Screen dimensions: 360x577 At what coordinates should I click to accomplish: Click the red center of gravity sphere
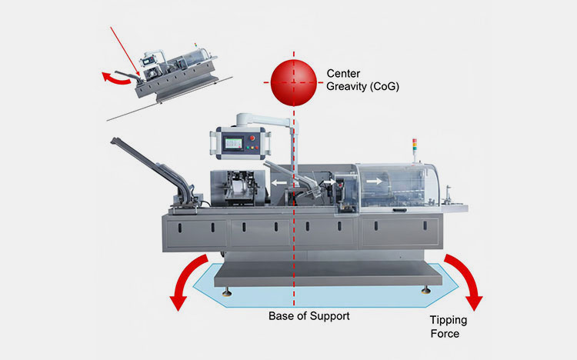tap(293, 81)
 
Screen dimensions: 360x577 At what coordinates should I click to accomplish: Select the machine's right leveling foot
tap(425, 290)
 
